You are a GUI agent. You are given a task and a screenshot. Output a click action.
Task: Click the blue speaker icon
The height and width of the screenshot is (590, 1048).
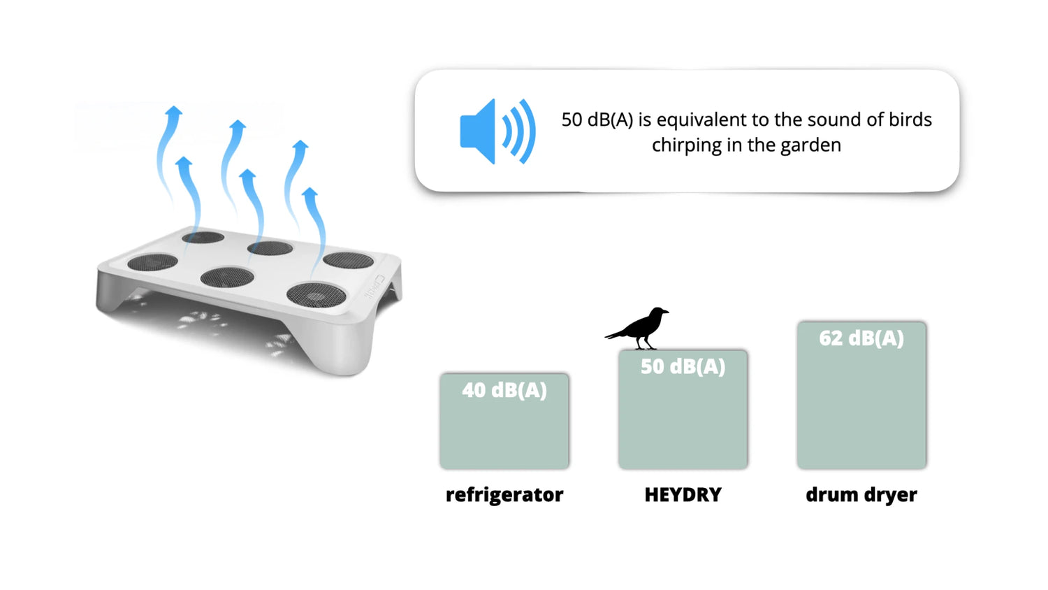(497, 131)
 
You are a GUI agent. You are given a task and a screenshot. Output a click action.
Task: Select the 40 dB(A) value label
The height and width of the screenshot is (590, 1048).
(504, 390)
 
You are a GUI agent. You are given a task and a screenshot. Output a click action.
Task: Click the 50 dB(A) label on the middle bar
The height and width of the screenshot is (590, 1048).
(683, 366)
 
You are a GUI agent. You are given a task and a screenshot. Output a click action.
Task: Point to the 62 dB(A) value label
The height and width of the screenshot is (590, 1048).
(861, 338)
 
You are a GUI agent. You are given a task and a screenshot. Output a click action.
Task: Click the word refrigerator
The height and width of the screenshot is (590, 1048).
(504, 495)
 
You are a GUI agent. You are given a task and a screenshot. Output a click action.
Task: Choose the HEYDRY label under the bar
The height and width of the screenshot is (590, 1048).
(683, 494)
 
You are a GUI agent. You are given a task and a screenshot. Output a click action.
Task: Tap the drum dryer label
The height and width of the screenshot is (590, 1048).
(861, 495)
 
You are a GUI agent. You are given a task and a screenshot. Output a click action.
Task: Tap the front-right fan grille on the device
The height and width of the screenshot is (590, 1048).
(316, 295)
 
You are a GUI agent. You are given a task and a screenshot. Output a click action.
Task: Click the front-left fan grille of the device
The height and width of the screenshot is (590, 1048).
(152, 262)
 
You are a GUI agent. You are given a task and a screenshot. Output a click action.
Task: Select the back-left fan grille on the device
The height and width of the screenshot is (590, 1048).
(203, 238)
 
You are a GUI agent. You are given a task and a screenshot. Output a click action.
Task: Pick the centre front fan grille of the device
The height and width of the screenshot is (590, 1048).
(227, 277)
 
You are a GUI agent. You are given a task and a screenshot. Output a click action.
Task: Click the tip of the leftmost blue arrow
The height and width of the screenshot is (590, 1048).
(175, 106)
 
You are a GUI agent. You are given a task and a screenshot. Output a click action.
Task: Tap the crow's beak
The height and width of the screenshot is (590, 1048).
(667, 311)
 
